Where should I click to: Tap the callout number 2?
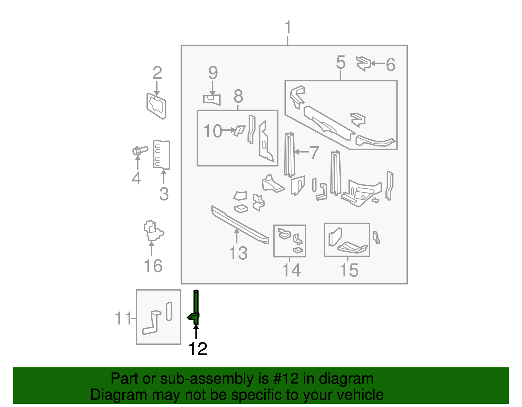pyautogui.click(x=157, y=73)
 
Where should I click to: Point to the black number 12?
pyautogui.click(x=198, y=349)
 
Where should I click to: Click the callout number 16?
pyautogui.click(x=153, y=266)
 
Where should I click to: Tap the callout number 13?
pyautogui.click(x=238, y=253)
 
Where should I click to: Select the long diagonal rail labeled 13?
pyautogui.click(x=240, y=225)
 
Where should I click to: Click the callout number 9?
pyautogui.click(x=213, y=73)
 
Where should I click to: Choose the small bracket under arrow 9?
pyautogui.click(x=212, y=99)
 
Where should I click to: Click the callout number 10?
pyautogui.click(x=212, y=131)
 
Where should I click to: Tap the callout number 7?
pyautogui.click(x=314, y=153)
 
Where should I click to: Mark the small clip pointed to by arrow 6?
pyautogui.click(x=363, y=63)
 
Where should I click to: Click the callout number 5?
pyautogui.click(x=341, y=62)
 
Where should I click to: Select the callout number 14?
pyautogui.click(x=291, y=270)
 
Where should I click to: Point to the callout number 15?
pyautogui.click(x=349, y=270)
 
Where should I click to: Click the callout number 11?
pyautogui.click(x=123, y=318)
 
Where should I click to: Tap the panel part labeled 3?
pyautogui.click(x=162, y=154)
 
